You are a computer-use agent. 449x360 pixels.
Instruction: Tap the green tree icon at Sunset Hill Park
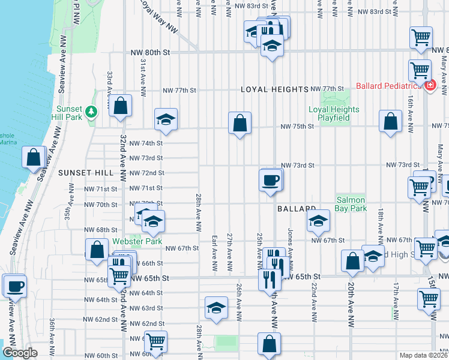point(91,111)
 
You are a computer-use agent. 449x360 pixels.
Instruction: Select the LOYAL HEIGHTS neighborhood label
point(274,89)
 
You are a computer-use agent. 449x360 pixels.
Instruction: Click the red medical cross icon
point(430,86)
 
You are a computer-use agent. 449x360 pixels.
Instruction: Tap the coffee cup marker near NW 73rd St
point(270,179)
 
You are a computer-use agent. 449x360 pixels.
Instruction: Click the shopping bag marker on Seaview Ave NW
point(34,158)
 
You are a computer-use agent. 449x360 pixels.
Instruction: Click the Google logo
point(20,353)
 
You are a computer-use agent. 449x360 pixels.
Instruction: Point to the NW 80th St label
point(151,53)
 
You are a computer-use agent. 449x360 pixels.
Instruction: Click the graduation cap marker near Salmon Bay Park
point(318,221)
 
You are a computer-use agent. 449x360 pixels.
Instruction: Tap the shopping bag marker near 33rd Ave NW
point(121,106)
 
